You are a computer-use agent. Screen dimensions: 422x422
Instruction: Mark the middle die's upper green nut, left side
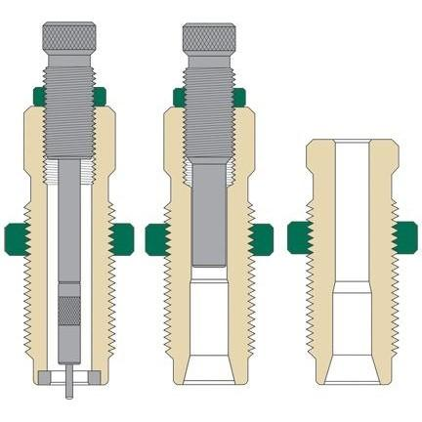(x=181, y=96)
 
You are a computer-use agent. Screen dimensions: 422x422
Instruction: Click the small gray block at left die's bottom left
(x=45, y=377)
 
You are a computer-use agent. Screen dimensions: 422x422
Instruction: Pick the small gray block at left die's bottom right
(x=93, y=377)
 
